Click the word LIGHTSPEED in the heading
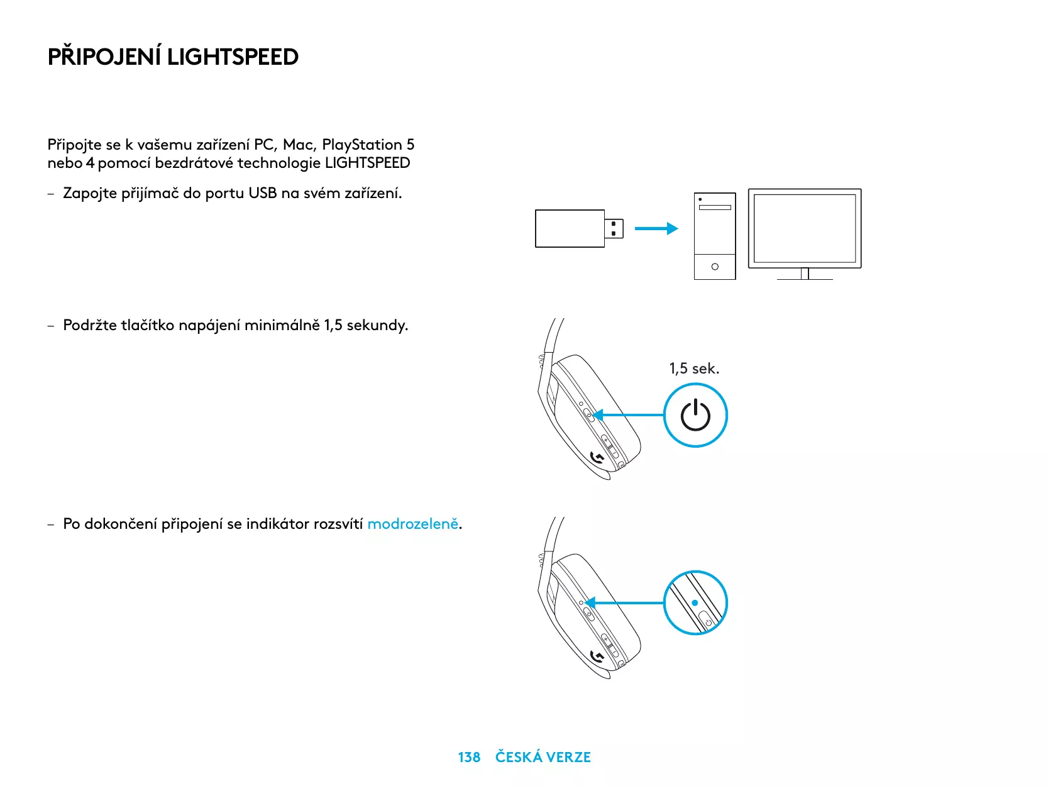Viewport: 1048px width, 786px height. [233, 57]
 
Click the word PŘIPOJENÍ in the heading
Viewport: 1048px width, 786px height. [104, 57]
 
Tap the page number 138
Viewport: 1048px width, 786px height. [469, 757]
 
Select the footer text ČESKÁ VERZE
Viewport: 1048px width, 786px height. [543, 757]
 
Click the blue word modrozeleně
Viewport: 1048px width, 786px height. [413, 524]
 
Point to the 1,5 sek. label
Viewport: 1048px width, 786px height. [694, 368]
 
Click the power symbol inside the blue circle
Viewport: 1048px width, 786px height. [695, 416]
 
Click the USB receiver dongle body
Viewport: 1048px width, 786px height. [570, 229]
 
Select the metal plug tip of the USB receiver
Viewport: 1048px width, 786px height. [614, 229]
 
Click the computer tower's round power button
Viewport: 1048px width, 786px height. [715, 267]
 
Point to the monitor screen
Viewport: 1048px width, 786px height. [805, 228]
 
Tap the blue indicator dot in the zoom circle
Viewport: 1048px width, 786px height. [695, 603]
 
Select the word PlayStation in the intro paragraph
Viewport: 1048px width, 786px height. [361, 145]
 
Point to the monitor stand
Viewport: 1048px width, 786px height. [805, 274]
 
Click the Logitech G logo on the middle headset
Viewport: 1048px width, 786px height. [598, 458]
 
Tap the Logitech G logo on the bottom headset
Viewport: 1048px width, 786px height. [598, 657]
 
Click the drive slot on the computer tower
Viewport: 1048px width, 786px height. [715, 208]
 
